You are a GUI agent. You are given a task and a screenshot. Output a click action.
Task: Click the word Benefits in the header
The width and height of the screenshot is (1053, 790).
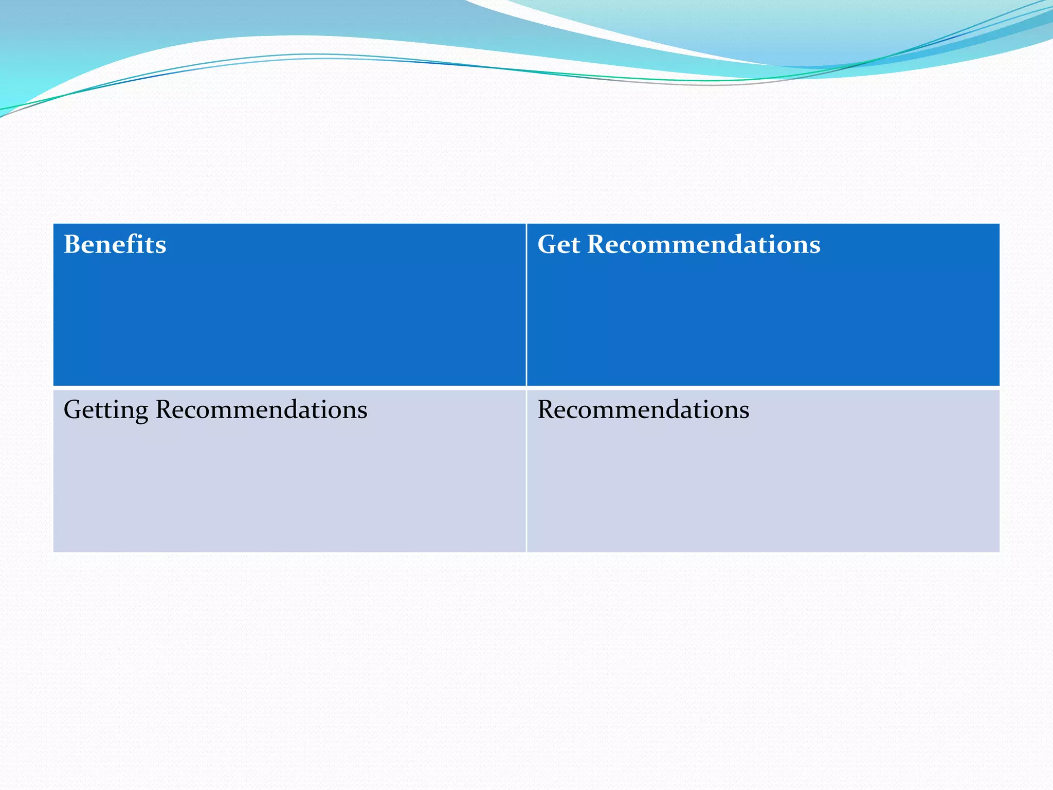click(115, 244)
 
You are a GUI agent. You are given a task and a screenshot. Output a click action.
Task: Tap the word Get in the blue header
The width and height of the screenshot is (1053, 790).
click(558, 244)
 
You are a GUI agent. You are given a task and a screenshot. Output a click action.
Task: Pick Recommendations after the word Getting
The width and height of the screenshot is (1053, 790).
click(261, 410)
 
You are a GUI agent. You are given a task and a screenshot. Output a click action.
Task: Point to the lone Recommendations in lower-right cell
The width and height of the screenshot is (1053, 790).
click(643, 410)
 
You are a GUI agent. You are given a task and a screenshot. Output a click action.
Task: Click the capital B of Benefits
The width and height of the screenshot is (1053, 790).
click(73, 244)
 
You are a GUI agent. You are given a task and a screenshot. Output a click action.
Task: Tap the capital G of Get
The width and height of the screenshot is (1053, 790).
click(548, 244)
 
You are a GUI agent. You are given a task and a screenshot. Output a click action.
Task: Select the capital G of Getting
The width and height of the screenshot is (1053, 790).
click(74, 410)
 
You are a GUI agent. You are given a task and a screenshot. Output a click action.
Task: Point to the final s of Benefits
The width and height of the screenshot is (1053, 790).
click(161, 246)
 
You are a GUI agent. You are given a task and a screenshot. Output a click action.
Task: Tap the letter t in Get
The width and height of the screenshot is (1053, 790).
click(576, 245)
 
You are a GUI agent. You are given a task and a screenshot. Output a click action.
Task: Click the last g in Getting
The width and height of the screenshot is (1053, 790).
click(142, 413)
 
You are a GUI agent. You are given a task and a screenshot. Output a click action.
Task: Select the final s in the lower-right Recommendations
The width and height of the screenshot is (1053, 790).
click(745, 411)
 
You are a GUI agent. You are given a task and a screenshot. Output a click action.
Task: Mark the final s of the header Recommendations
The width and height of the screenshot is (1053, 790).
click(815, 246)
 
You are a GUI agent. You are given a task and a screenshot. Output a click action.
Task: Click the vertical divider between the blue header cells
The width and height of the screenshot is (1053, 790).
click(526, 304)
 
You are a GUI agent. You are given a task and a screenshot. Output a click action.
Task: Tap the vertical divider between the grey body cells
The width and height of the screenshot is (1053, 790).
click(526, 471)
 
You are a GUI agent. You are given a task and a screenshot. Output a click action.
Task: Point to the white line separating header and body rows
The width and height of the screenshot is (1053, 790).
click(526, 388)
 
